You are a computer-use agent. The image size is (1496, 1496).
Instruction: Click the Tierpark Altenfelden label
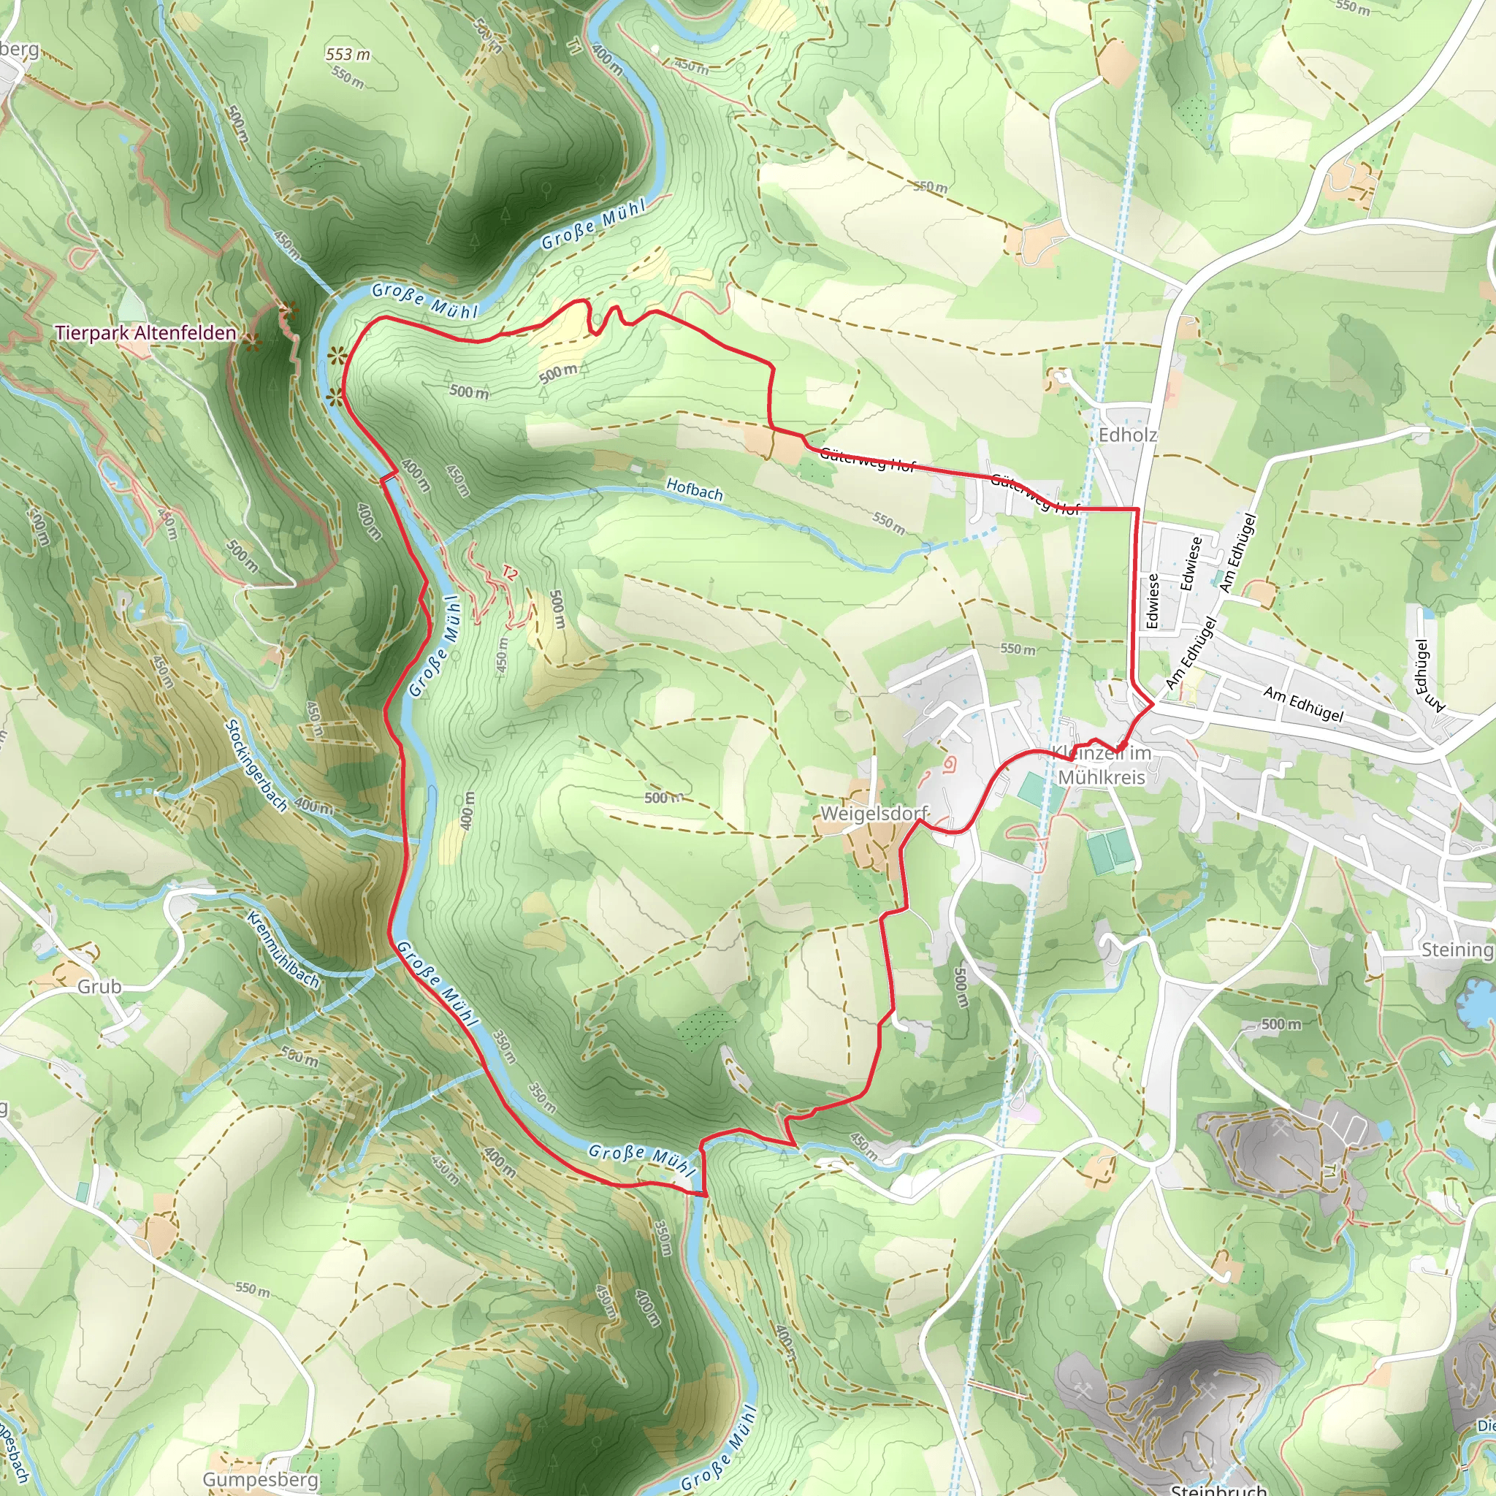[x=145, y=333]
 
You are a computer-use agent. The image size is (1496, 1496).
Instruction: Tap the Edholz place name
[x=1127, y=435]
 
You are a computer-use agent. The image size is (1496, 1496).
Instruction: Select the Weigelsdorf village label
[x=874, y=814]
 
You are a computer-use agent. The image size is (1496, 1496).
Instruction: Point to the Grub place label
[x=99, y=986]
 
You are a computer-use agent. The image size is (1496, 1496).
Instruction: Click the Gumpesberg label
[x=260, y=1480]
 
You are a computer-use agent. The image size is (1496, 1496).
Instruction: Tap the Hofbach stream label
[x=694, y=489]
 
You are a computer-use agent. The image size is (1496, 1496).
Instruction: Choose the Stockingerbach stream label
[x=256, y=766]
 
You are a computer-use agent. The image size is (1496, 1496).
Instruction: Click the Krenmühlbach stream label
[x=283, y=950]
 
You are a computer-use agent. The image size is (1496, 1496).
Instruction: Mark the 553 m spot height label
[x=348, y=54]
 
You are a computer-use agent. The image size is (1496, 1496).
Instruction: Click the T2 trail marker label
[x=508, y=573]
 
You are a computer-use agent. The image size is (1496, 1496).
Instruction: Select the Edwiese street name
[x=1190, y=564]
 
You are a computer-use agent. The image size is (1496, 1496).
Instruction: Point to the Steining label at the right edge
[x=1457, y=950]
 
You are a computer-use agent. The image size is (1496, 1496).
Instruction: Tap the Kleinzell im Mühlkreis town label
[x=1102, y=765]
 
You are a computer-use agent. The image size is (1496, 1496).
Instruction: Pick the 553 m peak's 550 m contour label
[x=348, y=77]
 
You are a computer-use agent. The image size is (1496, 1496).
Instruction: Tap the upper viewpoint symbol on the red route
[x=336, y=357]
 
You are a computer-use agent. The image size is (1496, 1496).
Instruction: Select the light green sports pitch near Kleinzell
[x=1031, y=788]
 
